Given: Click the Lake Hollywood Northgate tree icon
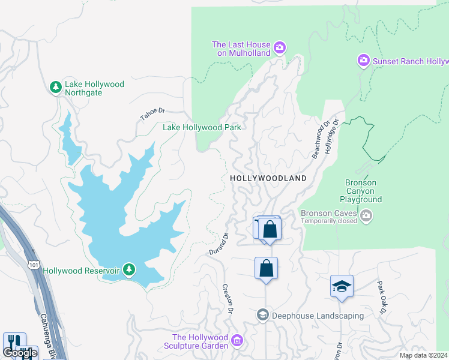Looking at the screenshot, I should click(x=56, y=88).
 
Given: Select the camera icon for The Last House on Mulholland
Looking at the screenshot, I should click(x=279, y=47).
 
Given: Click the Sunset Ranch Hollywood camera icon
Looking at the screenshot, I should click(x=363, y=61).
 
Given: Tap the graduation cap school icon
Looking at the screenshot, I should click(x=342, y=287).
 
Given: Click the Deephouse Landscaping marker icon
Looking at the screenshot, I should click(x=262, y=315).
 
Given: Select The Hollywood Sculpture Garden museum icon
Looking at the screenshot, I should click(x=237, y=341).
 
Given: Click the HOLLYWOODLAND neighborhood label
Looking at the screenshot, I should click(x=268, y=178).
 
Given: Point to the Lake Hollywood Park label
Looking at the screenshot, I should click(x=202, y=127).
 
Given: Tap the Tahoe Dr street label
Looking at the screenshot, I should click(x=152, y=113).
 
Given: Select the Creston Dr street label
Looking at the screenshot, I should click(x=227, y=299).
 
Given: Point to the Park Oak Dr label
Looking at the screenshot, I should click(x=381, y=297).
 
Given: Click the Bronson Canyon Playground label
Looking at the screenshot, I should click(x=361, y=191).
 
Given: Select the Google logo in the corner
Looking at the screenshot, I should click(x=20, y=353).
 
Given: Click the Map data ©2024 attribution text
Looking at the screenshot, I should click(x=423, y=355).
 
